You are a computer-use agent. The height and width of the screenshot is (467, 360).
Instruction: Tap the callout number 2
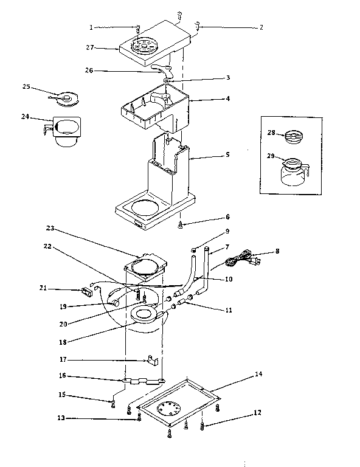pyautogui.click(x=261, y=27)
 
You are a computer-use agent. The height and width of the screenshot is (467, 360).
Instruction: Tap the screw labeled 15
pyautogui.click(x=113, y=401)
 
